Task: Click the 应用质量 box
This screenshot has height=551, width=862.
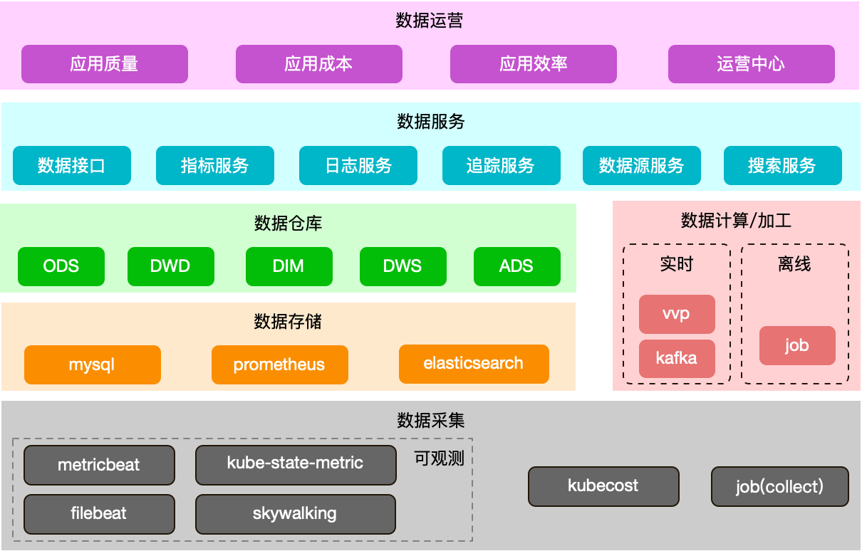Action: pyautogui.click(x=104, y=64)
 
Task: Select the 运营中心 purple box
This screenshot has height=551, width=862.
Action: pyautogui.click(x=751, y=64)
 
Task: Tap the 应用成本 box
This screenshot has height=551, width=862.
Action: pyautogui.click(x=318, y=64)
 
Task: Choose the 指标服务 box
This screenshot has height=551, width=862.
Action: pyautogui.click(x=214, y=166)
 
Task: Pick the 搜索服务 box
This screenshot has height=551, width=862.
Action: pyautogui.click(x=782, y=166)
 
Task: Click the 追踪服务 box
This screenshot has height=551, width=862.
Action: pyautogui.click(x=501, y=166)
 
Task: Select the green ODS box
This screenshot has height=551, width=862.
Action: pyautogui.click(x=61, y=266)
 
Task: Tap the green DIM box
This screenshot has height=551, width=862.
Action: pyautogui.click(x=289, y=266)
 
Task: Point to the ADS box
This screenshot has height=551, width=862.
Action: pyautogui.click(x=516, y=266)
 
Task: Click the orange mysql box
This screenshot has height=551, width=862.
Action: pyautogui.click(x=92, y=365)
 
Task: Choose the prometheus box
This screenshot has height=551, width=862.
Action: pyautogui.click(x=279, y=365)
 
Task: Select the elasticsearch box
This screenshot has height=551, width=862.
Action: pyautogui.click(x=474, y=364)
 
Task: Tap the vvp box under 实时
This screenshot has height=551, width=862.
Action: pyautogui.click(x=676, y=314)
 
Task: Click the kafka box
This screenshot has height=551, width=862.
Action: pyautogui.click(x=676, y=358)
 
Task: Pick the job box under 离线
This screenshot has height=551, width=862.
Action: pyautogui.click(x=796, y=346)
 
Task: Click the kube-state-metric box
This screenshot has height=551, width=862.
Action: pyautogui.click(x=295, y=464)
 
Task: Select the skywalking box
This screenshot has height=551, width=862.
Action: pyautogui.click(x=295, y=513)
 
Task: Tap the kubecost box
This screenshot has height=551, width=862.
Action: pyautogui.click(x=603, y=486)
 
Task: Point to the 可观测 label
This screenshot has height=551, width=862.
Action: pyautogui.click(x=439, y=458)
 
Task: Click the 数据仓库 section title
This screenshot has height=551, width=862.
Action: pyautogui.click(x=288, y=224)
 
